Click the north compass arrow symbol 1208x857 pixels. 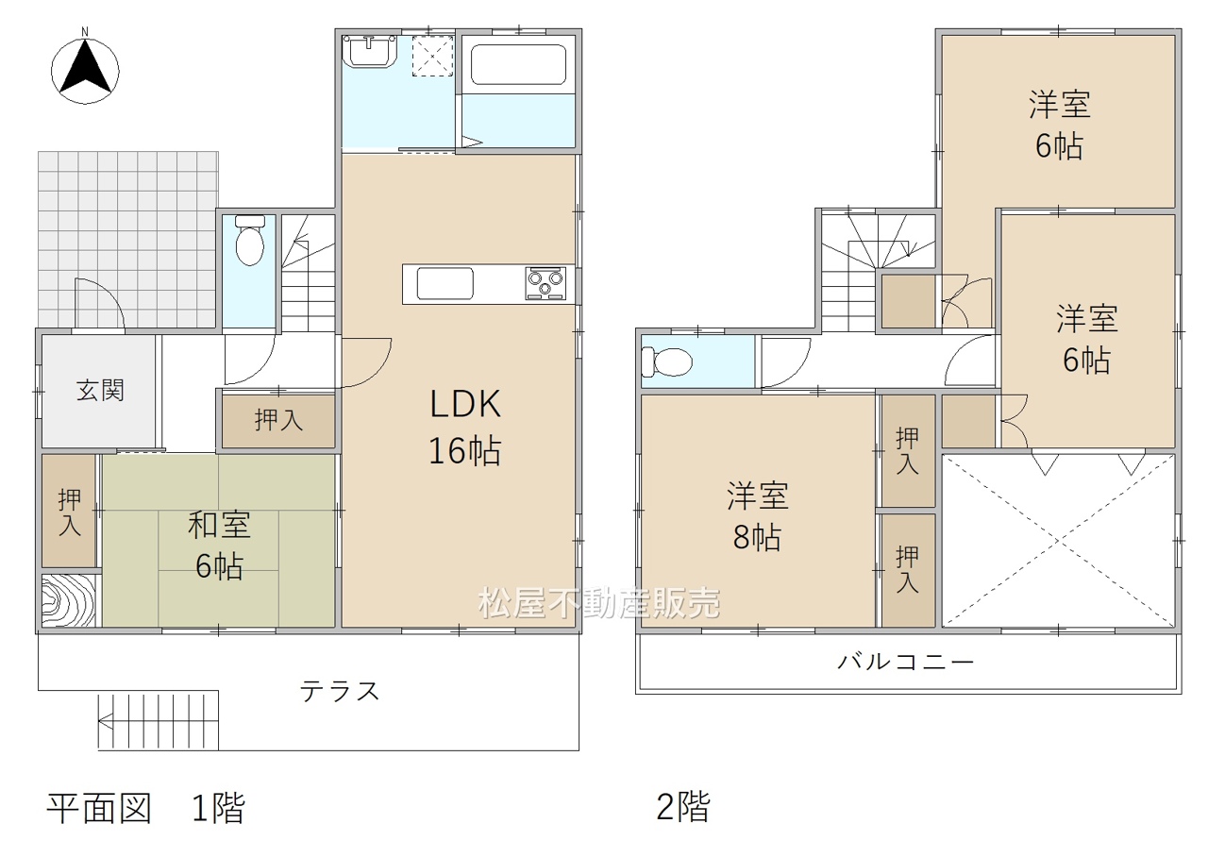pos(85,68)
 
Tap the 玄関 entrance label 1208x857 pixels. pos(100,391)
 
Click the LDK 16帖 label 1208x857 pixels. pos(465,427)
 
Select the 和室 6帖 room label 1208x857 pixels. pos(220,546)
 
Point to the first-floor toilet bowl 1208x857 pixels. pos(250,241)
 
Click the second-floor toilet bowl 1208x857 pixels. pos(667,361)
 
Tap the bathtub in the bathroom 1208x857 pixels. pos(518,65)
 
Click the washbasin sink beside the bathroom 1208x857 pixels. pos(370,51)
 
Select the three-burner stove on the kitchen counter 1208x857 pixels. pos(545,282)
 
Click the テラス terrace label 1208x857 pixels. pos(340,691)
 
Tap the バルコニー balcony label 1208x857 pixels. pos(906,661)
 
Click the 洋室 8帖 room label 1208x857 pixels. pos(758,516)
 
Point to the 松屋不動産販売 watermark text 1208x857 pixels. pos(598,602)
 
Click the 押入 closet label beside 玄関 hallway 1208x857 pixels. pos(278,420)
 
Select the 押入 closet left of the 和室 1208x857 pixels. pos(70,512)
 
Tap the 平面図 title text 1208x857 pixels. pos(99,808)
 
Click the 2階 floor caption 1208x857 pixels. pos(683,807)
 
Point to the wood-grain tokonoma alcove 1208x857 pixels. pos(69,600)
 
